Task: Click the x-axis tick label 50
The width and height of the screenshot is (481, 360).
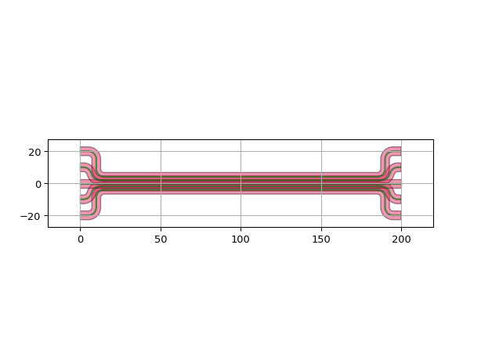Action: (161, 239)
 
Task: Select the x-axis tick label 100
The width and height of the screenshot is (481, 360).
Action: (240, 239)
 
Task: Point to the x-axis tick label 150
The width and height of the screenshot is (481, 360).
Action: (321, 239)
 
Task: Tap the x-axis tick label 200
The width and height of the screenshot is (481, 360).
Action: (401, 239)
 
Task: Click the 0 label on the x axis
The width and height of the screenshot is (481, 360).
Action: (81, 239)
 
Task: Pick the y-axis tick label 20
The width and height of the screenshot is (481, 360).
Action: (34, 153)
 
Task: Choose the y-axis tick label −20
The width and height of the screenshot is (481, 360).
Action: (31, 216)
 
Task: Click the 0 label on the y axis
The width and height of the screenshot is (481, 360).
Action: (38, 185)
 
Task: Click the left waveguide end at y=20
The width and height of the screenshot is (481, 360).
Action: (81, 151)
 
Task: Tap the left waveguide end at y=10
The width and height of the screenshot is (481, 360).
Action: (81, 167)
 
